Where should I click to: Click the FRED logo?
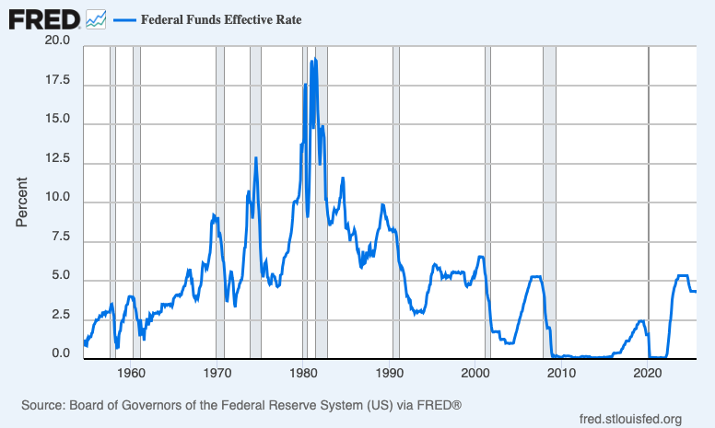(43, 18)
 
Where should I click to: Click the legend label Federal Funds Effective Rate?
(220, 19)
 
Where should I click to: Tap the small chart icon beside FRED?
(96, 19)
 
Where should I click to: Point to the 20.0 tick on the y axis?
(57, 41)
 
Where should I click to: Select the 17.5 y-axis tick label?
(57, 81)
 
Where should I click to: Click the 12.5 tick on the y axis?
(57, 159)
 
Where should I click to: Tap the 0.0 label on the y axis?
(60, 354)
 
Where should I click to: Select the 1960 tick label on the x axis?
(132, 373)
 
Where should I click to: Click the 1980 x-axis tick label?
(304, 373)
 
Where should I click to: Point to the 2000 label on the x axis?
(476, 373)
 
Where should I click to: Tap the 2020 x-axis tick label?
(649, 373)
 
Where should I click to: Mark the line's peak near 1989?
(382, 204)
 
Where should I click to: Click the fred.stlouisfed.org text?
(630, 420)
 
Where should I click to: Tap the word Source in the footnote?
(42, 405)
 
